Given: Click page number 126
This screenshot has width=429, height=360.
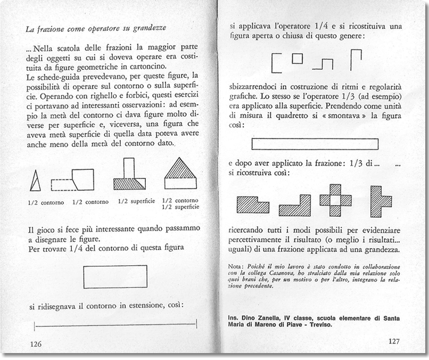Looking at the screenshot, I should coord(36,344).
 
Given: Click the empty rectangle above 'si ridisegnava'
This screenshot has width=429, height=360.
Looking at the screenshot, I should coord(115,276).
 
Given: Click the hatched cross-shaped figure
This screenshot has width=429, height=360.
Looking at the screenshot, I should coord(335,200).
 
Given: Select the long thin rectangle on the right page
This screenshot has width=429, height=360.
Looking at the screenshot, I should coord(315,144).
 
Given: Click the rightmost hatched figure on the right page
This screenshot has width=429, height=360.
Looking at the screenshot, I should coord(380,201).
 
